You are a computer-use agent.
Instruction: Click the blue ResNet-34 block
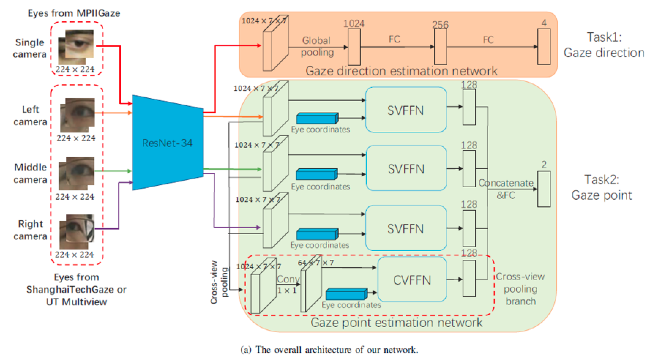pos(167,143)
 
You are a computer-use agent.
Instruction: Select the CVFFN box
pos(412,280)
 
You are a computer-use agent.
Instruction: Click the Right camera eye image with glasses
pos(77,231)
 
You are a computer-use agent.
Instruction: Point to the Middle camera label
pos(30,173)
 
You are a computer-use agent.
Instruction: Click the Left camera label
pos(30,116)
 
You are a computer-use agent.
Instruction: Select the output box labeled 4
pos(544,46)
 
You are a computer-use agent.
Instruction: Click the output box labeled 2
pos(544,189)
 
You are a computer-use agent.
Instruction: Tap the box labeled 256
pos(440,46)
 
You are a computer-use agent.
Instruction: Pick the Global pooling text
pos(317,46)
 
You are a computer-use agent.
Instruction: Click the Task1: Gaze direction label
pos(604,45)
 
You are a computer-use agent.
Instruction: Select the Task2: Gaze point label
pos(602,187)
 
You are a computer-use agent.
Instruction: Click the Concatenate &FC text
pos(506,189)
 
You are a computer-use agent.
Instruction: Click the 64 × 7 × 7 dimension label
pos(316,263)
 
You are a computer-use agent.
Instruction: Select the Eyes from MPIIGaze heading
pos(74,14)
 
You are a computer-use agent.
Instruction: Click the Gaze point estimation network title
pos(396,323)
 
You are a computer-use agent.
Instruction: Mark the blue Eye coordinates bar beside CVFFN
pos(346,294)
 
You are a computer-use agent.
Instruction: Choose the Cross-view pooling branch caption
pos(520,289)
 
